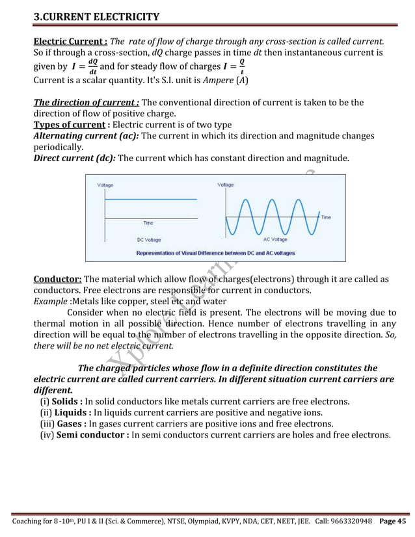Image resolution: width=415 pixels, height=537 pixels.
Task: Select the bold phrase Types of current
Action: click(x=69, y=124)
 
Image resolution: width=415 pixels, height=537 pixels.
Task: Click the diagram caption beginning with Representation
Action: click(x=215, y=252)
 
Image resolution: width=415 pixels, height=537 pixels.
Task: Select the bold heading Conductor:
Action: click(x=58, y=280)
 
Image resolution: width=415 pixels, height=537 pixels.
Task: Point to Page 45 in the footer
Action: click(x=393, y=522)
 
